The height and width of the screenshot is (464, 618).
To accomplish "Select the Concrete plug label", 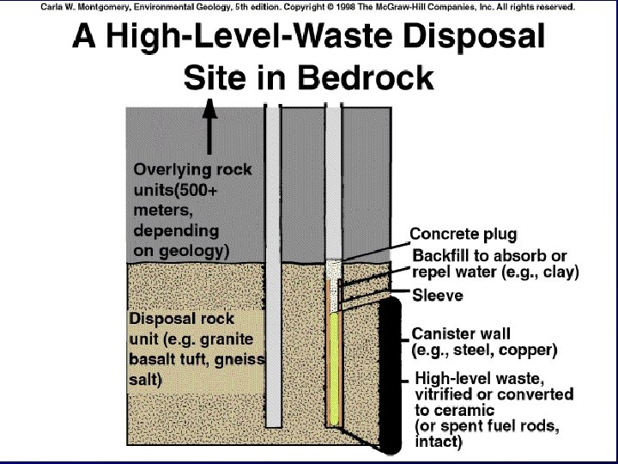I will [x=463, y=234].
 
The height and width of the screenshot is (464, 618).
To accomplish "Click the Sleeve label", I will [x=438, y=296].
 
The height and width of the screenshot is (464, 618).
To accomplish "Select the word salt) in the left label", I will [x=146, y=378].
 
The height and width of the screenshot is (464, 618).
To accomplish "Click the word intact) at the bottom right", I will [x=438, y=443].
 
